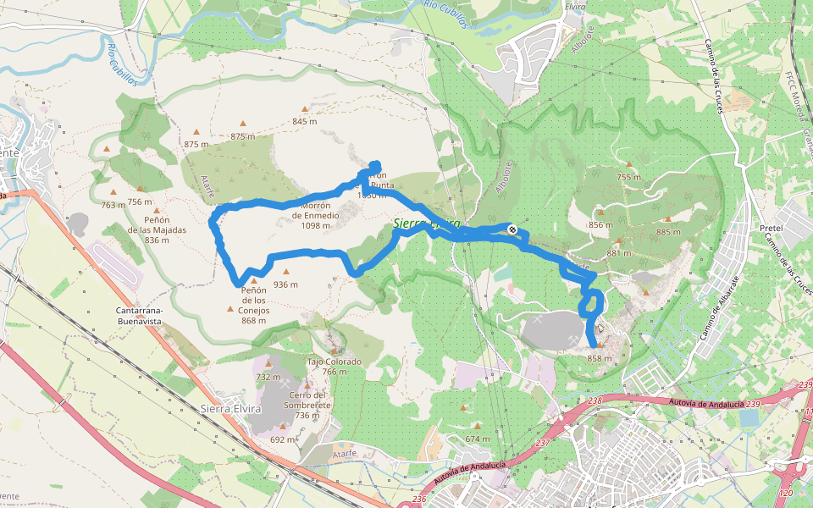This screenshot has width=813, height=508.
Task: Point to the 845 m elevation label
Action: [x=305, y=121]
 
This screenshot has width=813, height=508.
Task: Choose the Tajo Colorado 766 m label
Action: [x=334, y=367]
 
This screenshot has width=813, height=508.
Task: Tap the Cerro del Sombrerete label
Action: [x=307, y=405]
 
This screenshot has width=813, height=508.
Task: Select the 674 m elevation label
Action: [x=478, y=439]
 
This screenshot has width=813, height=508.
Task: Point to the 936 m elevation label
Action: [x=286, y=284]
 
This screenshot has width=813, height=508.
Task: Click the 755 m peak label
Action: [x=628, y=177]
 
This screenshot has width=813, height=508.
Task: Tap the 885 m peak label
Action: [x=668, y=232]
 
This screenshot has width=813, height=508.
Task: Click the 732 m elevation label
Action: [x=268, y=377]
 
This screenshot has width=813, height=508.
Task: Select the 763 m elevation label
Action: [x=113, y=205]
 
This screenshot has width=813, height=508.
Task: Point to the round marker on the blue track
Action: [x=512, y=229]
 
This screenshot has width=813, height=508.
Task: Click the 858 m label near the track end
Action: [x=599, y=358]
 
